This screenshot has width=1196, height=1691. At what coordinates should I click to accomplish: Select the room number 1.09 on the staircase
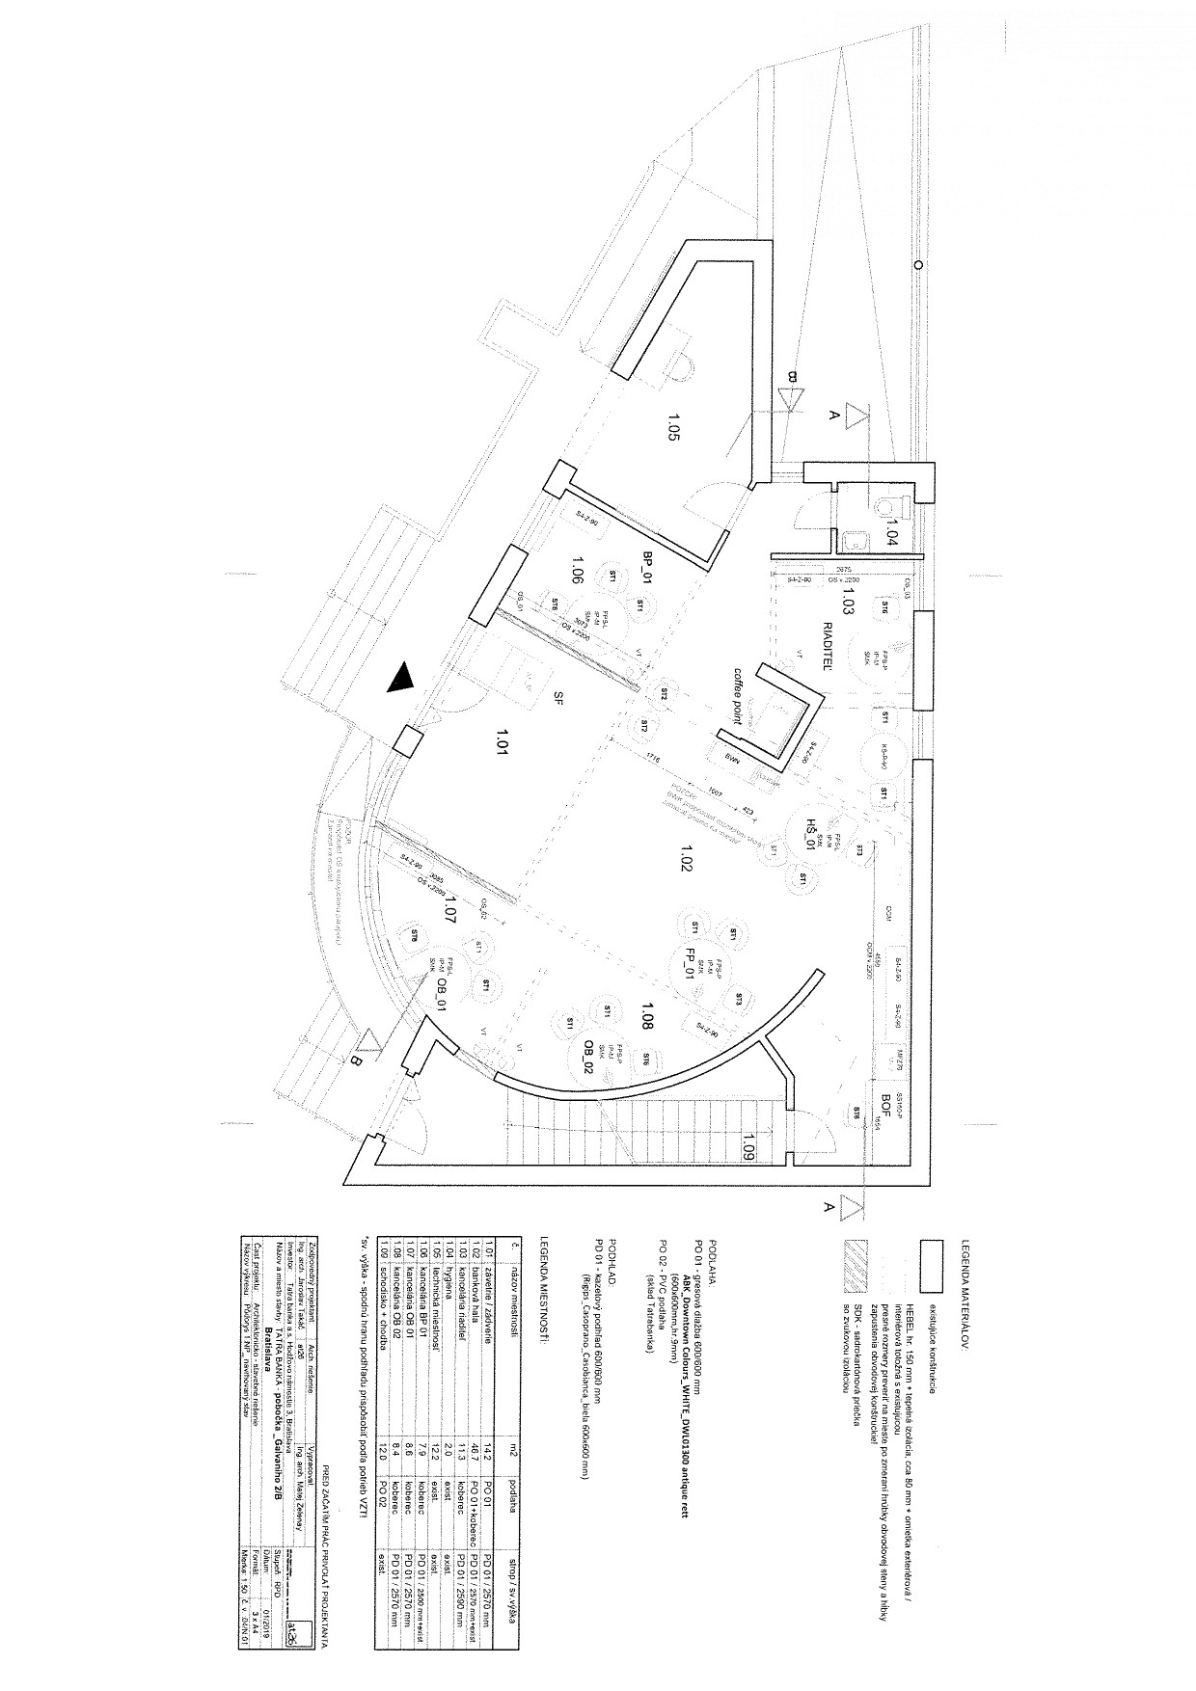(749, 1146)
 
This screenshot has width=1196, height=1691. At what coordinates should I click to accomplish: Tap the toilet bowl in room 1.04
(887, 505)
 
